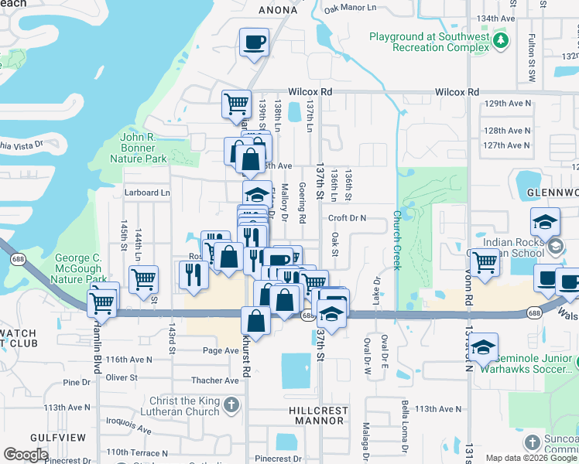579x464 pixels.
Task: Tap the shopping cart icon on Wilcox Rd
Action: [236, 104]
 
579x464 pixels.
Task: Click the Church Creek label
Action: [396, 240]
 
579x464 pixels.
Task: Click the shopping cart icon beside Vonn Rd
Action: [484, 263]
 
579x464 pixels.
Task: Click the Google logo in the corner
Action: [26, 455]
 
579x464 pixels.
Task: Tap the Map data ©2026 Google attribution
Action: [530, 458]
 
